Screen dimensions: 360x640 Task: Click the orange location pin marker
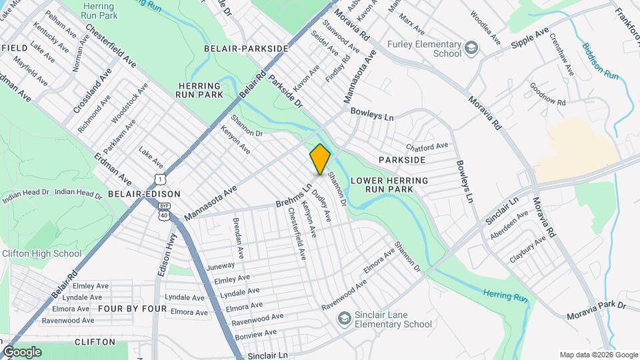[320, 159]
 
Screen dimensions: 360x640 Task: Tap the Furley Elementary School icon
[471, 47]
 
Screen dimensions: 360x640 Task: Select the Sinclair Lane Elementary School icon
[344, 319]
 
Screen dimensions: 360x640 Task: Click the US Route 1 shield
[159, 179]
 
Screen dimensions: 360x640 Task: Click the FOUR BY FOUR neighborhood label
[132, 309]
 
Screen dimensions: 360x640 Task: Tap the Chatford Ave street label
[427, 147]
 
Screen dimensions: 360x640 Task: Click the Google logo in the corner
[21, 352]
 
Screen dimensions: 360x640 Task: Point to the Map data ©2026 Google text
[599, 355]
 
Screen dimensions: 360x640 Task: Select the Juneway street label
[221, 265]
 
